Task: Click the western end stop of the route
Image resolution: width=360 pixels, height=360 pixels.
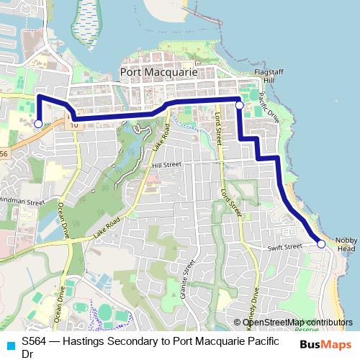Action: pyautogui.click(x=38, y=124)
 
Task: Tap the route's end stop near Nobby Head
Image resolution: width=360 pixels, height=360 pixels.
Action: pyautogui.click(x=321, y=244)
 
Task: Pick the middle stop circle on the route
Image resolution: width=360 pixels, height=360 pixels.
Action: pyautogui.click(x=239, y=105)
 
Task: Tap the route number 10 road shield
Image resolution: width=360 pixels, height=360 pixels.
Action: pyautogui.click(x=73, y=125)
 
